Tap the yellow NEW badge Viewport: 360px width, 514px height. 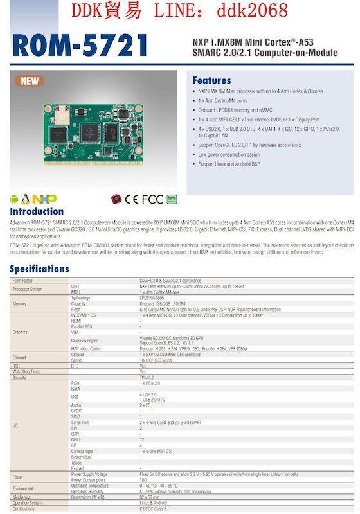[30, 81]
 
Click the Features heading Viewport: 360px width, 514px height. [212, 80]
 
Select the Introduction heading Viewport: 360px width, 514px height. [37, 211]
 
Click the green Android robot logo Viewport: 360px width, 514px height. [14, 199]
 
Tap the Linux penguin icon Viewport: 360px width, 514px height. [26, 199]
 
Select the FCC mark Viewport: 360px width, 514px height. [152, 199]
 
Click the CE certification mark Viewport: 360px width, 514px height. [132, 199]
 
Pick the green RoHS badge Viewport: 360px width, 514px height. [172, 199]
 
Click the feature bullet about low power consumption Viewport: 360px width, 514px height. [229, 154]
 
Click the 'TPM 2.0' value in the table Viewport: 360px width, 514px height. [147, 377]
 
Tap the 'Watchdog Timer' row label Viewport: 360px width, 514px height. [26, 371]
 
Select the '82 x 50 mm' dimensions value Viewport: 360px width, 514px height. [150, 497]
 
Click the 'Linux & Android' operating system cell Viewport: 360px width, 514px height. [152, 502]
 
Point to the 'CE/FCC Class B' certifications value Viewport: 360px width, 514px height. [152, 508]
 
